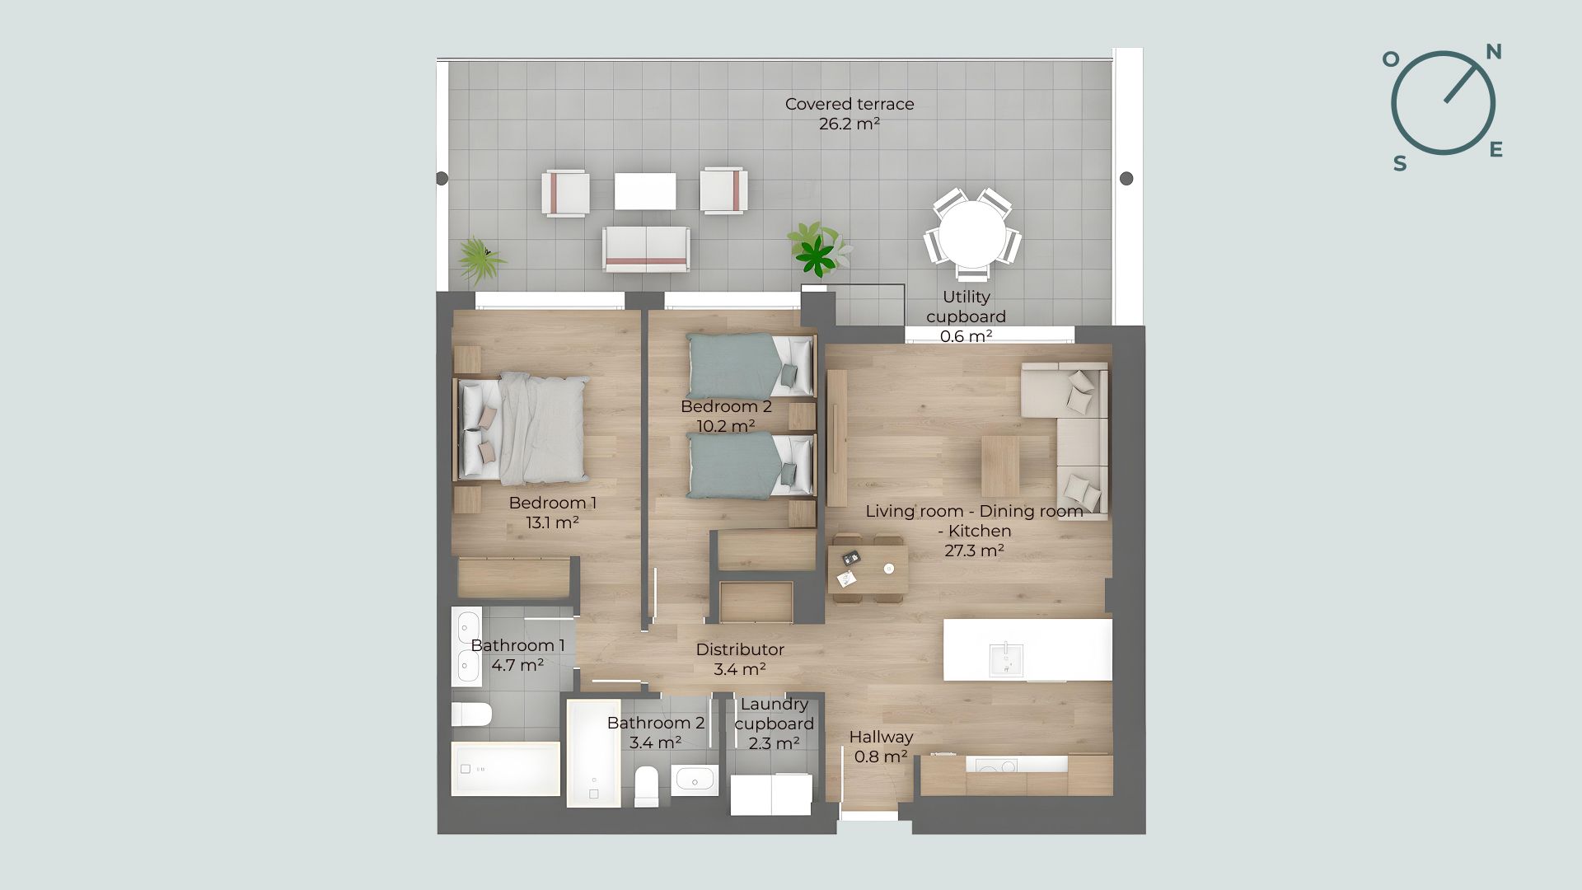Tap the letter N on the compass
click(x=1493, y=52)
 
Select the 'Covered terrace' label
click(x=850, y=104)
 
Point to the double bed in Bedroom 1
click(x=522, y=428)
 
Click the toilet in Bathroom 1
click(x=471, y=714)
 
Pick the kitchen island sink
click(x=1006, y=659)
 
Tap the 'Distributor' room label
click(x=740, y=649)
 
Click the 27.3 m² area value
click(x=974, y=550)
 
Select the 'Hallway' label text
click(x=881, y=737)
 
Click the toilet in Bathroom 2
click(x=647, y=786)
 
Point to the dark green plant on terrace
click(x=817, y=255)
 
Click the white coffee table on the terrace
click(x=645, y=191)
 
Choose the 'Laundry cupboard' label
click(x=774, y=714)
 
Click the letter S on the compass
click(x=1400, y=163)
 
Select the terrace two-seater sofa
click(x=646, y=249)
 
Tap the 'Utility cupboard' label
click(x=966, y=307)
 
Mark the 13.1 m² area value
click(x=552, y=522)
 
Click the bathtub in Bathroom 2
click(x=593, y=753)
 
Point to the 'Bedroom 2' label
click(x=726, y=406)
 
